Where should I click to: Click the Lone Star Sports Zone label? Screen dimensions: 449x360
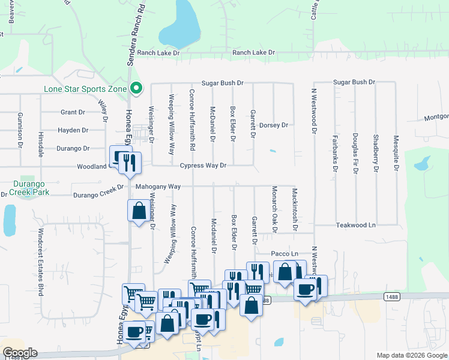pos(85,89)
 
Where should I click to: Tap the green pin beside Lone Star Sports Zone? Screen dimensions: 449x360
pos(136,89)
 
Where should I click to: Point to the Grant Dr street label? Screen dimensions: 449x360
pos(73,112)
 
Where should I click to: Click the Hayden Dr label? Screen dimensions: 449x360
pos(73,130)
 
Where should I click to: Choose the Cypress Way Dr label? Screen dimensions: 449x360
pos(203,166)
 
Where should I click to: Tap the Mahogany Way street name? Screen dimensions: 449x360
pos(158,187)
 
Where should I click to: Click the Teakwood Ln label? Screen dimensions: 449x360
pos(355,225)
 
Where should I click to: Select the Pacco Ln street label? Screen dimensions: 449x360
pos(285,254)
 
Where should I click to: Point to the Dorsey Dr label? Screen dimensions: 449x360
pos(274,125)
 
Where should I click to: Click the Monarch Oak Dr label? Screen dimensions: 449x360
pos(274,209)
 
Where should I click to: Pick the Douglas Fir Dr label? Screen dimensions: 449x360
pos(355,154)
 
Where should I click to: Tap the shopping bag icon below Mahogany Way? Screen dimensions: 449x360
pos(139,211)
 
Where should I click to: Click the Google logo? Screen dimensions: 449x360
pos(20,353)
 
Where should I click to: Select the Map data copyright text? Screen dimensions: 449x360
pos(412,355)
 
